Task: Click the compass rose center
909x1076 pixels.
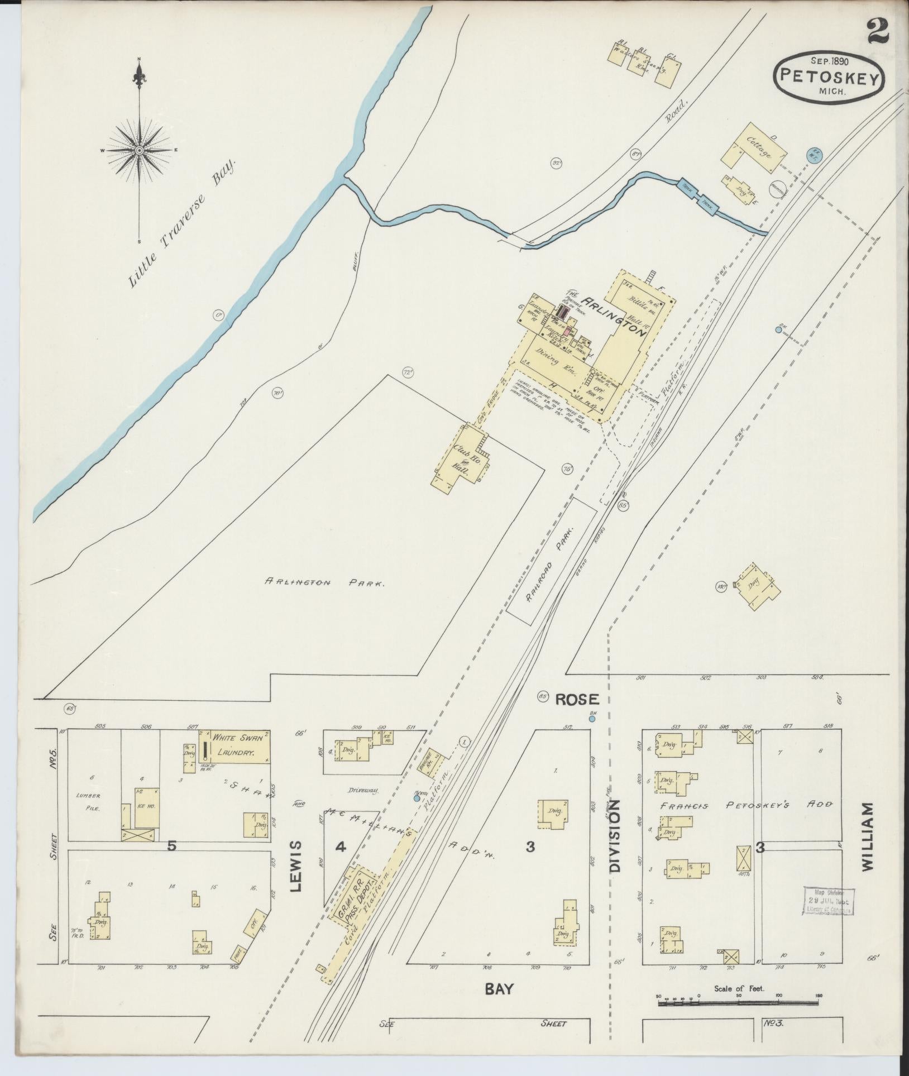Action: (x=139, y=150)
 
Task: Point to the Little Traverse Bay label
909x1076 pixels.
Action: (x=183, y=223)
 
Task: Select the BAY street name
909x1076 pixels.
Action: (x=498, y=988)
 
